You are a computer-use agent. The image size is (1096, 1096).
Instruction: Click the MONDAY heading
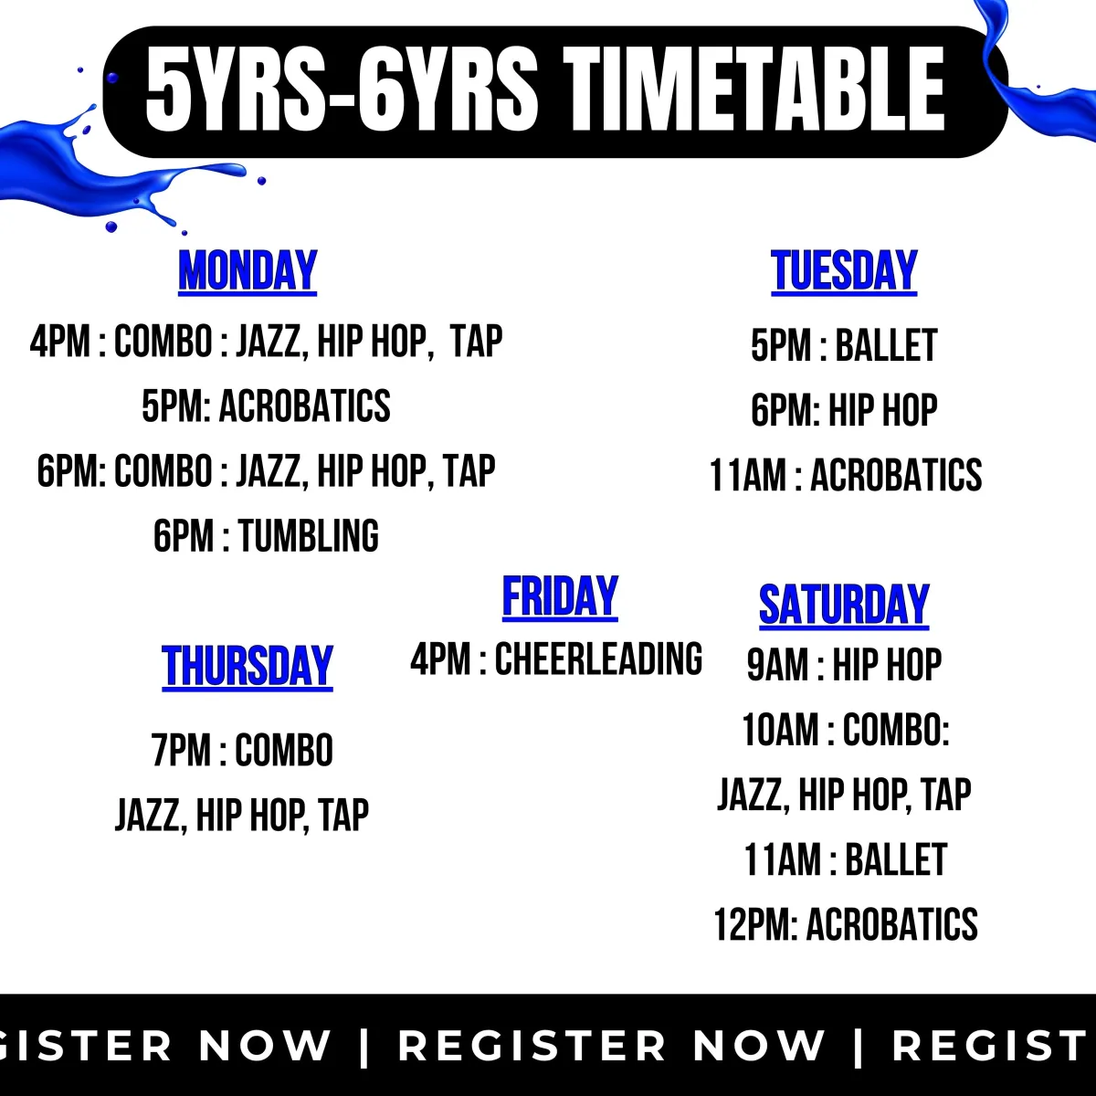[248, 271]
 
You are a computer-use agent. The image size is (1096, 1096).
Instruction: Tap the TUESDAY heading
[844, 271]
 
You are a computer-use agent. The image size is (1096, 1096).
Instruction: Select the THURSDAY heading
[248, 667]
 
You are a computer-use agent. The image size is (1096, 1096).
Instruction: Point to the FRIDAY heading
[560, 596]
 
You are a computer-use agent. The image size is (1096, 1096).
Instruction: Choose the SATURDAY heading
[844, 606]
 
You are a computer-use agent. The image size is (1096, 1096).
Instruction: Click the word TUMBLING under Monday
[309, 536]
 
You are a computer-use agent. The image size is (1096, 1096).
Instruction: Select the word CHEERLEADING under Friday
[598, 659]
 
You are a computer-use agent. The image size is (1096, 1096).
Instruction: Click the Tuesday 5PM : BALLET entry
[844, 345]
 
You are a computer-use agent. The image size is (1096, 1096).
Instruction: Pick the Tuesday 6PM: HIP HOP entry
[844, 410]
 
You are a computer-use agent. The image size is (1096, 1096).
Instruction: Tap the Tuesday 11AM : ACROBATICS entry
[846, 475]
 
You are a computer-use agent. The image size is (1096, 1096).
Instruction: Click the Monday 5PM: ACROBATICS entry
[266, 406]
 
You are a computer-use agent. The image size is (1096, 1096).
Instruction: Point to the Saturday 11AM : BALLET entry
[845, 859]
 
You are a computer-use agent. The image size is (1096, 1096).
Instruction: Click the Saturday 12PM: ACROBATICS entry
[846, 924]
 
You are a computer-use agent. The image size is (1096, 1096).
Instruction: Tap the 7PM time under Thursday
[181, 750]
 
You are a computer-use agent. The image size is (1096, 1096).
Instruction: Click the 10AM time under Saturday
[780, 730]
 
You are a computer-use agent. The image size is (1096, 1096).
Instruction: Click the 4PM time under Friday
[441, 659]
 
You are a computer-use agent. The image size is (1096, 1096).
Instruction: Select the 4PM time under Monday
[59, 342]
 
